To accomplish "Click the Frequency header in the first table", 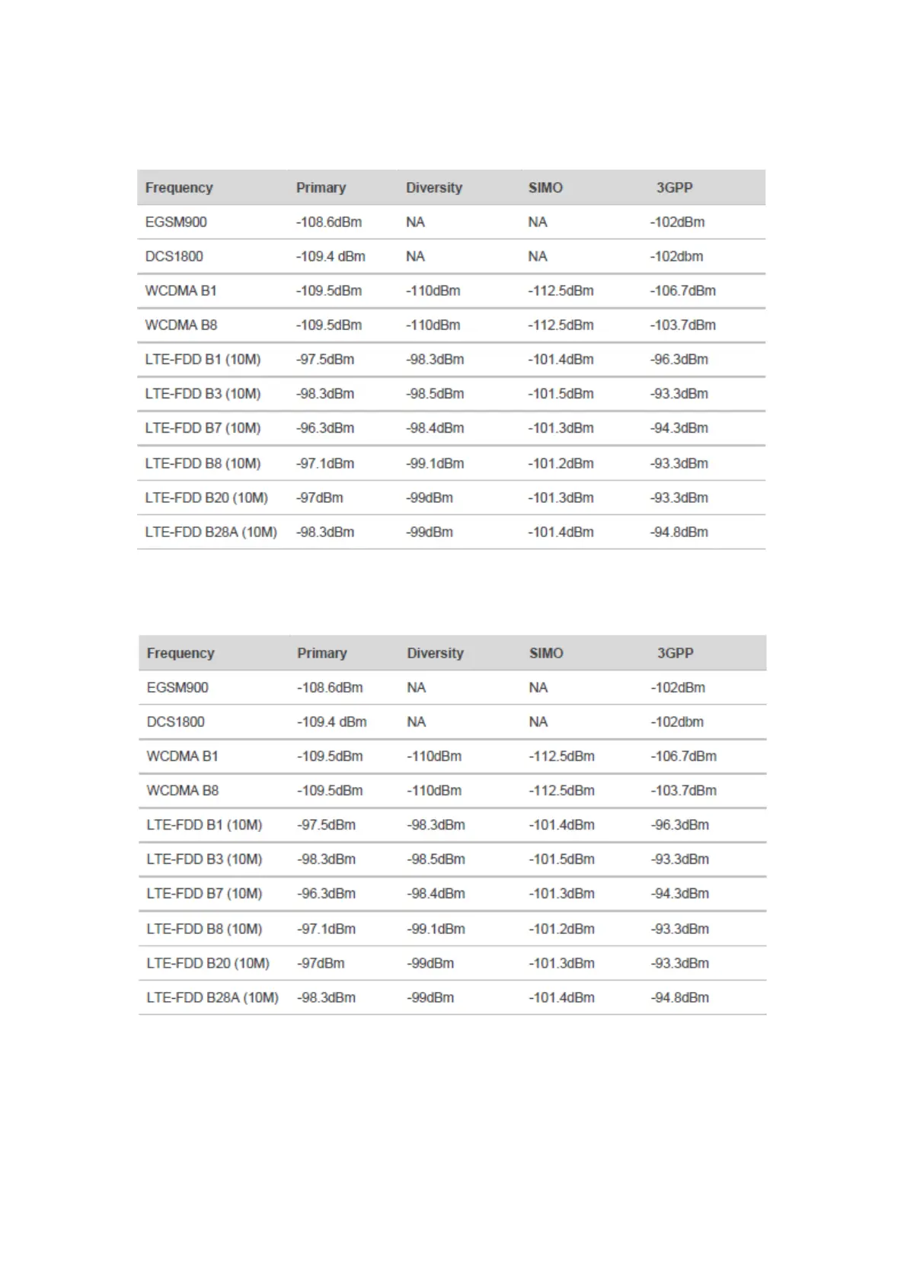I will (x=179, y=187).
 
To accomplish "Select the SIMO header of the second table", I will (x=546, y=653).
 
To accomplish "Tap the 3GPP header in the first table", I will (x=675, y=187).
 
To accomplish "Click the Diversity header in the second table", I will (x=435, y=653).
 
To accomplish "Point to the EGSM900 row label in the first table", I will (x=176, y=222).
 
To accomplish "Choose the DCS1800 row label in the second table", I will (x=175, y=721).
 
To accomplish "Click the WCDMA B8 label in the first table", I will (x=181, y=325).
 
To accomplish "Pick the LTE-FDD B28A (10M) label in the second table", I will (x=212, y=997).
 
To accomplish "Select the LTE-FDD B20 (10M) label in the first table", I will (x=206, y=498).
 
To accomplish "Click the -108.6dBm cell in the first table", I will (x=329, y=222).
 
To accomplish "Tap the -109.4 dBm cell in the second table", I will (x=331, y=721).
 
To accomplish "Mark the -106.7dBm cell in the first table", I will (x=682, y=290).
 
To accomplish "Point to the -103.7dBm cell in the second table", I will (x=683, y=790).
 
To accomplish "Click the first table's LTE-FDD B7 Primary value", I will (x=325, y=428).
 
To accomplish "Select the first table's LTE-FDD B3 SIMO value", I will (x=560, y=394).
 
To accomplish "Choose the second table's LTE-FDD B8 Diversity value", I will (x=436, y=929).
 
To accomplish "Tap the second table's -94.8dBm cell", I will (x=679, y=997).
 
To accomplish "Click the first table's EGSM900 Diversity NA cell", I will (x=415, y=222).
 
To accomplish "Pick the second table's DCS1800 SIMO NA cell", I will (x=538, y=721).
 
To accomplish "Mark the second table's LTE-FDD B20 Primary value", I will (x=321, y=963).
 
